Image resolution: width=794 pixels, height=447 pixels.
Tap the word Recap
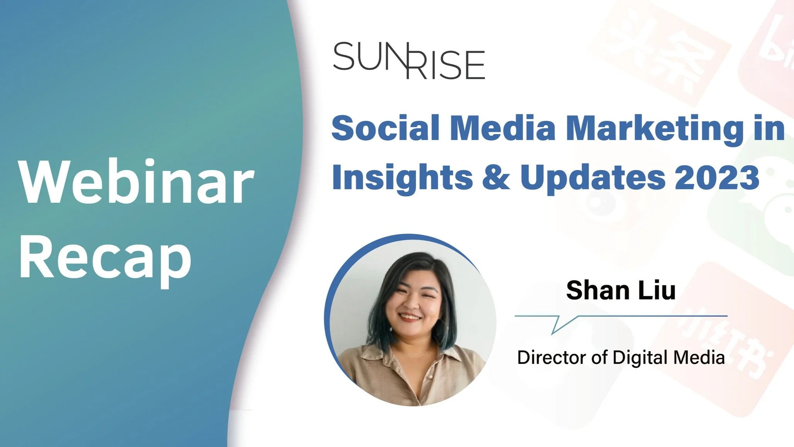[x=105, y=258]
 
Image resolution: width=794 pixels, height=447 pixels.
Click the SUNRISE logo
[x=409, y=61]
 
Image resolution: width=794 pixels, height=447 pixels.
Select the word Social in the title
[x=385, y=128]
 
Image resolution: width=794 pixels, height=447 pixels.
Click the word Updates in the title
[x=593, y=178]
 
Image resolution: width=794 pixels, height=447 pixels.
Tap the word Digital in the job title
[x=640, y=358]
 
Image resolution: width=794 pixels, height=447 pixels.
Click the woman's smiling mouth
[x=409, y=317]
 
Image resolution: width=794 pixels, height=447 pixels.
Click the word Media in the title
[x=502, y=128]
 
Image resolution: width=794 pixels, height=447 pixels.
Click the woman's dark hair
[x=425, y=267]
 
